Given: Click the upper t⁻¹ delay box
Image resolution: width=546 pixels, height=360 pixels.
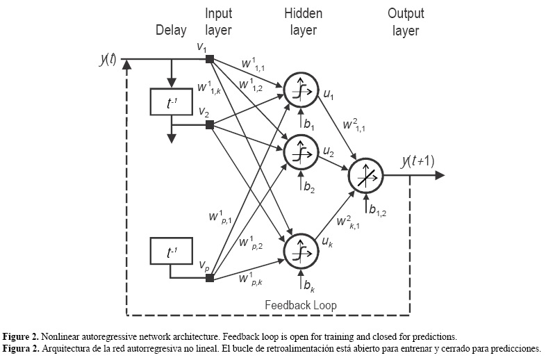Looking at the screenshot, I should (170, 102).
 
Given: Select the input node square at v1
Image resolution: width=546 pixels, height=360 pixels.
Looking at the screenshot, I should (210, 59).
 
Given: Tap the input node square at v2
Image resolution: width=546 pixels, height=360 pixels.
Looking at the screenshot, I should (210, 125).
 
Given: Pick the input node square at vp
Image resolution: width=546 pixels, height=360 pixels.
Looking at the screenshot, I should (210, 279).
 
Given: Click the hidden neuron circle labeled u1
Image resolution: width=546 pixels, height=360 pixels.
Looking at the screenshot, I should (299, 88).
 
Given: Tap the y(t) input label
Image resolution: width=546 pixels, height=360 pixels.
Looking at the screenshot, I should (108, 60).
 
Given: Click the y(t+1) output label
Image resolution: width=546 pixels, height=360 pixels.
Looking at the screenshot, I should (417, 161).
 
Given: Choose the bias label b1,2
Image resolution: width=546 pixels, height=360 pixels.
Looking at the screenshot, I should (377, 209).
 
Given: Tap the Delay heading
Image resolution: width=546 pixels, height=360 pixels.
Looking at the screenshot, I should (171, 31).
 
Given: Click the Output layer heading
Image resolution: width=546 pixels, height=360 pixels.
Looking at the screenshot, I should (406, 22).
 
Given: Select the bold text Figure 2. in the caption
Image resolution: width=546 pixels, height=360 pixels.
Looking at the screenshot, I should (24, 336).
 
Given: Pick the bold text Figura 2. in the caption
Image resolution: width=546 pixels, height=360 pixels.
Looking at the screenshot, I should (24, 347).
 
